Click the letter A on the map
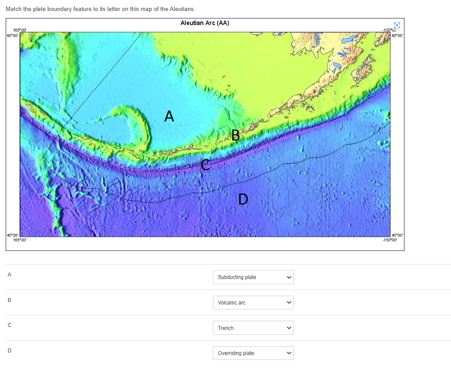169,116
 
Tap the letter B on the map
235,135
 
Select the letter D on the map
243,199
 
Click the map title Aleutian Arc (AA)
205,23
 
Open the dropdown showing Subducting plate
253,277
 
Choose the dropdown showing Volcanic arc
253,303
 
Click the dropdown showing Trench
253,328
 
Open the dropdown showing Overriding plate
253,353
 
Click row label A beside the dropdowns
9,275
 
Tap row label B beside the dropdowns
9,301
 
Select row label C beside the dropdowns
9,326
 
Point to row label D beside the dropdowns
9,351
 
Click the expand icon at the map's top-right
397,25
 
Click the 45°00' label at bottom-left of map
12,236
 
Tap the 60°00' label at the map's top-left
12,34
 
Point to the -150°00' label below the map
390,240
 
